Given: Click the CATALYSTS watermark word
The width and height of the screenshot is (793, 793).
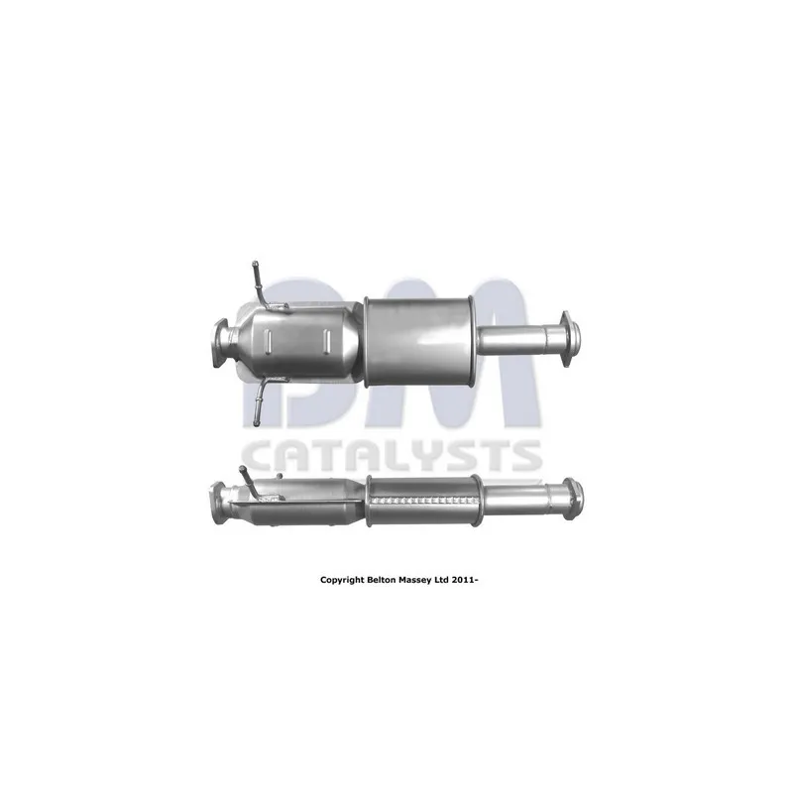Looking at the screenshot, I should point(393,456).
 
